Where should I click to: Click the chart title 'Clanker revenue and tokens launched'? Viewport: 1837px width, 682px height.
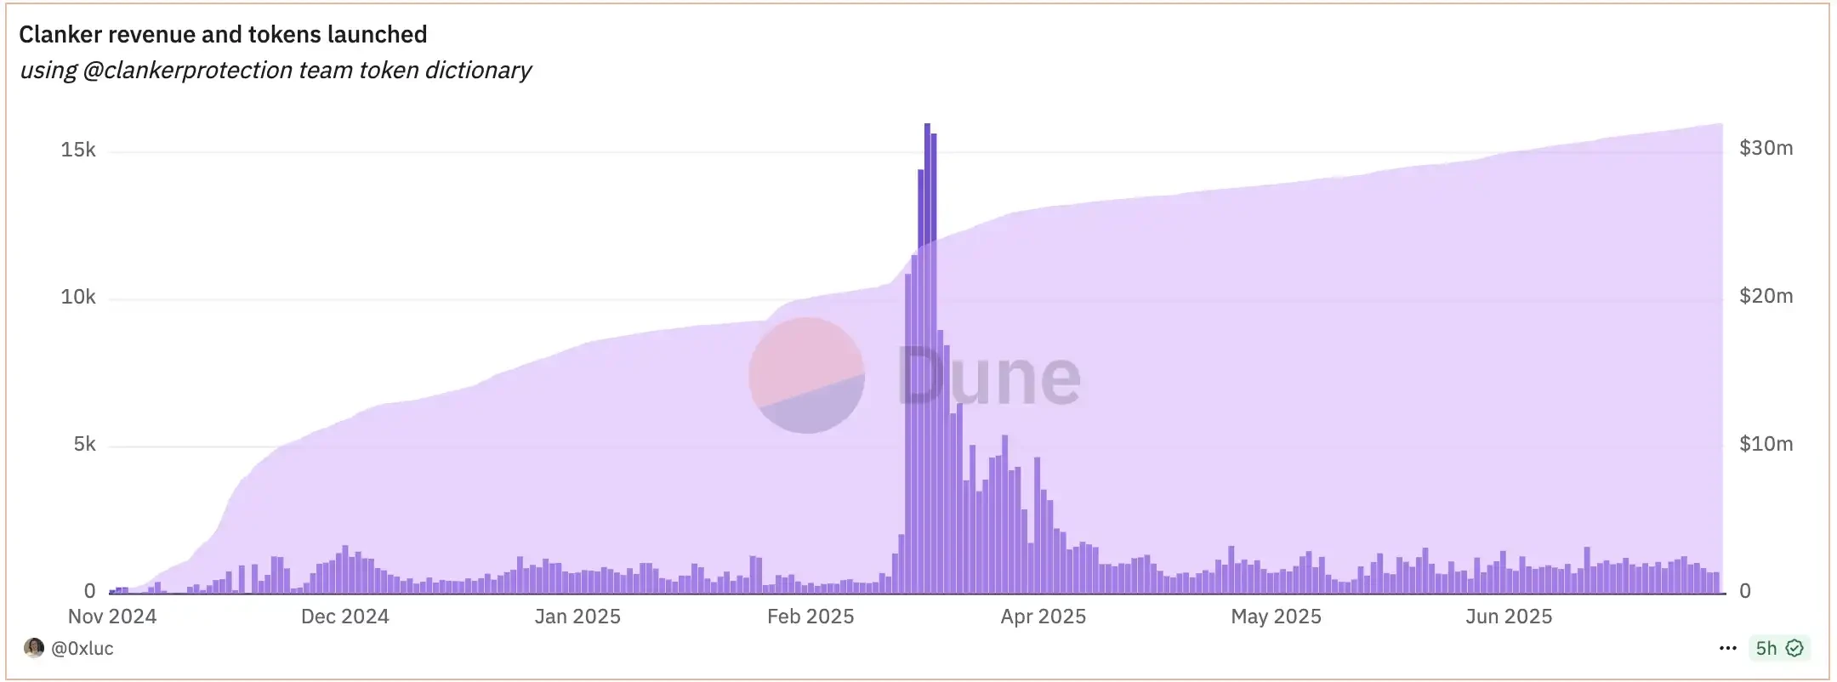pyautogui.click(x=223, y=35)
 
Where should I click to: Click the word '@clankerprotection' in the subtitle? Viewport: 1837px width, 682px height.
pyautogui.click(x=187, y=71)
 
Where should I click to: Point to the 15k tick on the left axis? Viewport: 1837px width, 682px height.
pyautogui.click(x=78, y=151)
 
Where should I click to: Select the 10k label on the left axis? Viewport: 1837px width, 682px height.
pyautogui.click(x=78, y=298)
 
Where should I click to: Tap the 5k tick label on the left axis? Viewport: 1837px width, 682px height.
pyautogui.click(x=84, y=445)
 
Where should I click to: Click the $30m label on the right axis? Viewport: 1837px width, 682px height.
pyautogui.click(x=1766, y=149)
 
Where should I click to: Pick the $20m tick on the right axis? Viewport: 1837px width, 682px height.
pyautogui.click(x=1766, y=297)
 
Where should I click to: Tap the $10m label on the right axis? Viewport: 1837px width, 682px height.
pyautogui.click(x=1766, y=444)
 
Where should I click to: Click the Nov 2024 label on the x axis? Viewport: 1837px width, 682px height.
pyautogui.click(x=112, y=617)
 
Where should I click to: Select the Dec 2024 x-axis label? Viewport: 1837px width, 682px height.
pyautogui.click(x=344, y=617)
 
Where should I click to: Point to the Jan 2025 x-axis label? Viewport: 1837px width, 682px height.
pyautogui.click(x=577, y=617)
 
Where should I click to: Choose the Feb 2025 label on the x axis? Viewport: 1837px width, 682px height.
pyautogui.click(x=810, y=617)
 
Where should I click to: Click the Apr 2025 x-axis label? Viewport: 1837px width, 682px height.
pyautogui.click(x=1043, y=617)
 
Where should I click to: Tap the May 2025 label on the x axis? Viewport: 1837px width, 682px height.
pyautogui.click(x=1276, y=617)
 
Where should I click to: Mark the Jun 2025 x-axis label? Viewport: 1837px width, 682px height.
pyautogui.click(x=1509, y=617)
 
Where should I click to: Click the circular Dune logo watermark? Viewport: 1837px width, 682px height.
pyautogui.click(x=806, y=376)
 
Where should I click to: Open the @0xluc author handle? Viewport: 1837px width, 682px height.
pyautogui.click(x=82, y=649)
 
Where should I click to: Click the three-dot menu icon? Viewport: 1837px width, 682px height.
pyautogui.click(x=1727, y=649)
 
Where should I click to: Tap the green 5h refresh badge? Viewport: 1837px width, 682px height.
pyautogui.click(x=1778, y=649)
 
